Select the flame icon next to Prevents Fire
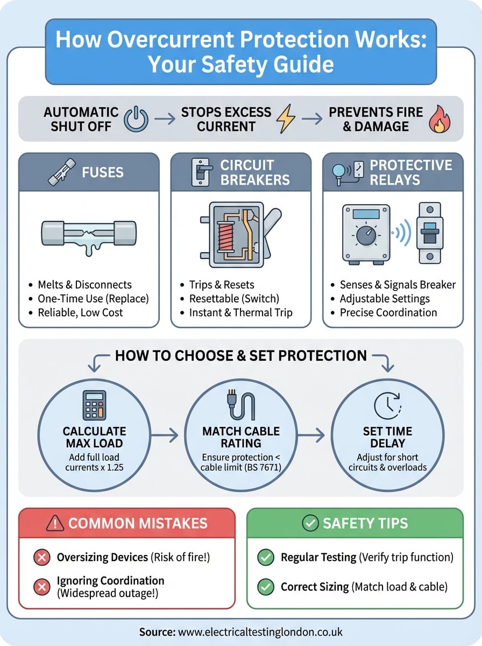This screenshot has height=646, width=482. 439,120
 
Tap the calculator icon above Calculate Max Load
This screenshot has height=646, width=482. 94,405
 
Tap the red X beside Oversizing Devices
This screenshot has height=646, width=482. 41,558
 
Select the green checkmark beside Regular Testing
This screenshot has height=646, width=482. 265,558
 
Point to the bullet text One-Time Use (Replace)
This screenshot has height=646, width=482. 93,299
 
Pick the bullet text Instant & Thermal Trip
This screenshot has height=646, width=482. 240,313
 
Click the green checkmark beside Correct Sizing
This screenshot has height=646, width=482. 265,586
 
